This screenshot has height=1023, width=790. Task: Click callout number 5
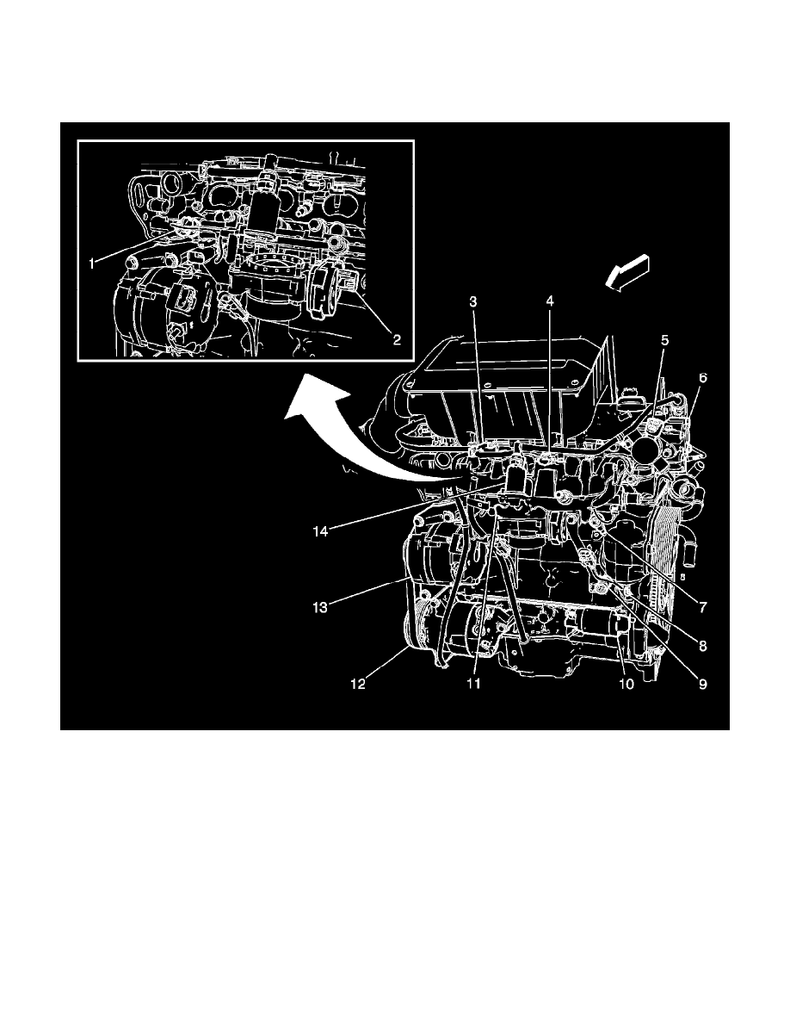click(663, 339)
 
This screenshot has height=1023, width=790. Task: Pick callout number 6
click(703, 378)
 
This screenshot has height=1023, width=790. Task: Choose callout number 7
click(702, 607)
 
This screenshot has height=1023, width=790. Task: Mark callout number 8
click(702, 644)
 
